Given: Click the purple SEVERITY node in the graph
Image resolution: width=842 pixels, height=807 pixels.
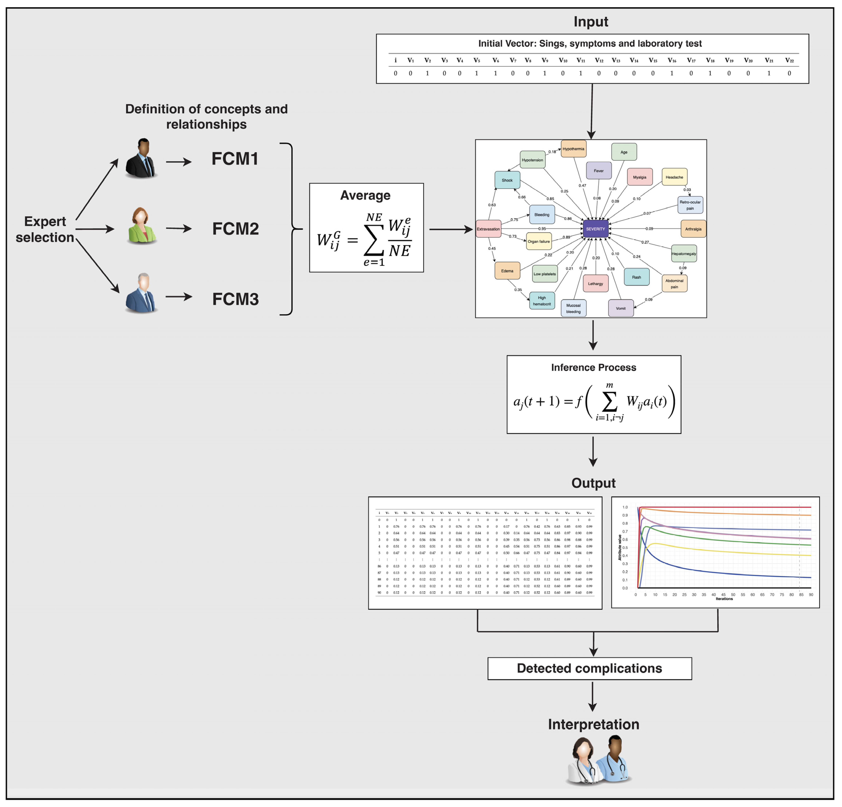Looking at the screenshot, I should [x=595, y=229].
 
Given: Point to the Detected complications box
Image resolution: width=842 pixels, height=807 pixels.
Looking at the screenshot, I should [x=589, y=668].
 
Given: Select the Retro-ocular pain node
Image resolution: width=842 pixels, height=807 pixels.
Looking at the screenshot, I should [x=690, y=205].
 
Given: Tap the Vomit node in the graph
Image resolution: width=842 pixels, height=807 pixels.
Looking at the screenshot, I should [x=621, y=308].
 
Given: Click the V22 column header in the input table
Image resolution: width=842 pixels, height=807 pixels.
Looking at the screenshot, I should [x=789, y=60].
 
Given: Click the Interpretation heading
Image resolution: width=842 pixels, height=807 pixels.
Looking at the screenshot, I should [x=593, y=724].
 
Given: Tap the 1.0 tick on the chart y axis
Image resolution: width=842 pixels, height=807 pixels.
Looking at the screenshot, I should [x=625, y=507].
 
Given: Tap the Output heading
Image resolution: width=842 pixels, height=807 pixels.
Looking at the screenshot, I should [x=593, y=483].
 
